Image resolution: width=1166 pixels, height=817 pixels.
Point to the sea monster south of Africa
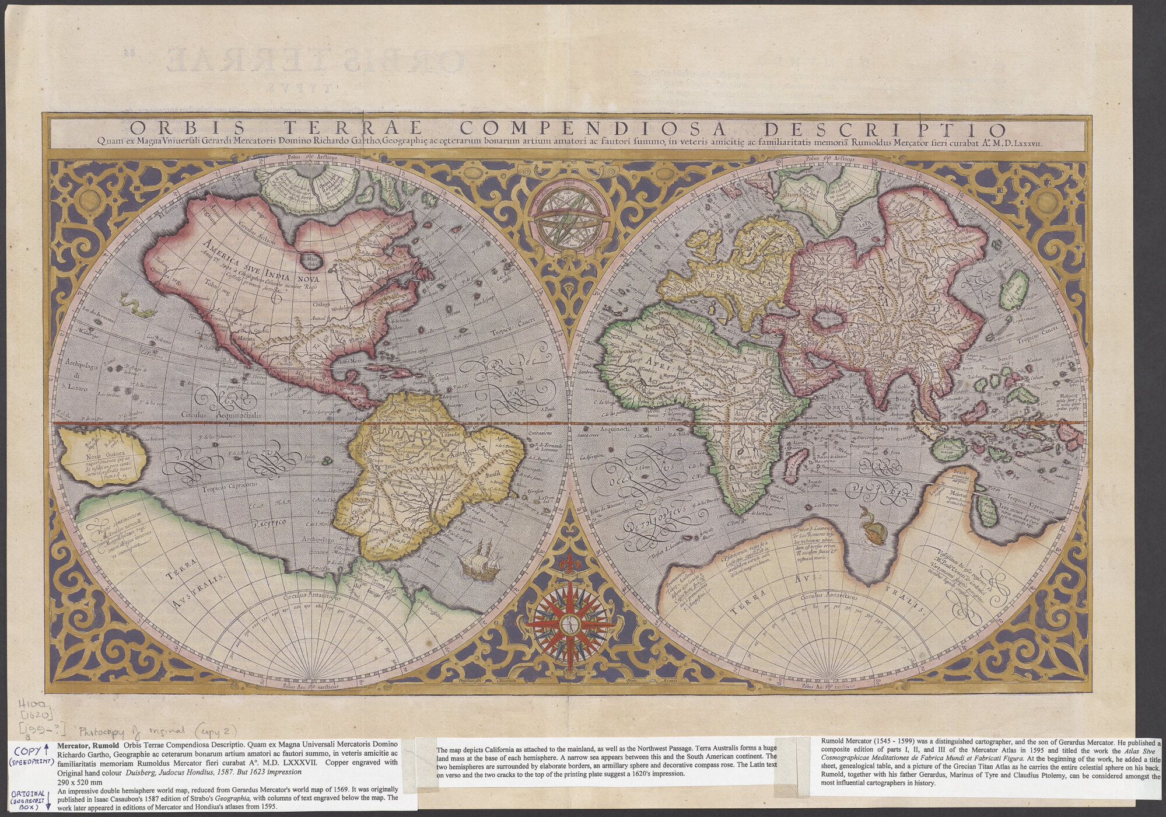[x=874, y=528]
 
